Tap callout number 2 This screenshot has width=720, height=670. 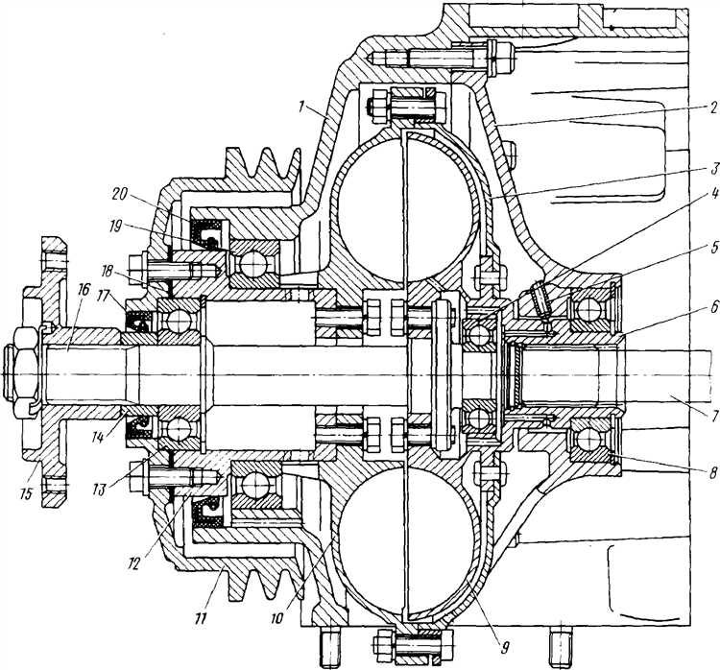click(711, 108)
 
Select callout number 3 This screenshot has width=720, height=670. click(714, 169)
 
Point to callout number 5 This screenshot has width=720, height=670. click(713, 249)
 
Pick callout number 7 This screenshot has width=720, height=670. click(713, 417)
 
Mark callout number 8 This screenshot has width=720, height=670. click(713, 473)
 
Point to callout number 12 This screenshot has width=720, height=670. click(133, 563)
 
